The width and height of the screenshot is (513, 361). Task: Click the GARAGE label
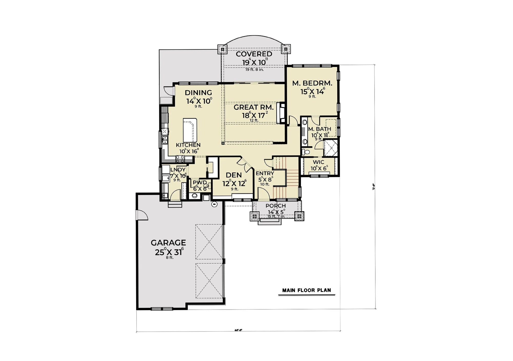coord(168,243)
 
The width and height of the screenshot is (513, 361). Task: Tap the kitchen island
coord(190,130)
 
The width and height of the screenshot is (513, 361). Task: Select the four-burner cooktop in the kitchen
coord(180,159)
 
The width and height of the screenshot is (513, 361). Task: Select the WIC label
coord(318,162)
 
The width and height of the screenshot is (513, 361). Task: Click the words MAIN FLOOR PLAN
coord(307,290)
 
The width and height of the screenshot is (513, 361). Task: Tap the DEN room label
coord(234,175)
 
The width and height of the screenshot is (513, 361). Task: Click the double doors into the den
coord(244,165)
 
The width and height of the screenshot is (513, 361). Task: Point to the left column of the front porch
coord(255,216)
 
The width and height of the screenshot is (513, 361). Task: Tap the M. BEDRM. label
coord(312,83)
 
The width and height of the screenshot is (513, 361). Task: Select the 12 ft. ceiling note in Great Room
coord(254,120)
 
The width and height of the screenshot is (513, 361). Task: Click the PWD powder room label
coord(200,182)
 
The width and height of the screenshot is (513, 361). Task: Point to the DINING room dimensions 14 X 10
coord(199,101)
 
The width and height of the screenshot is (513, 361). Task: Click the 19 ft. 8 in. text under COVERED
coord(254,69)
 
